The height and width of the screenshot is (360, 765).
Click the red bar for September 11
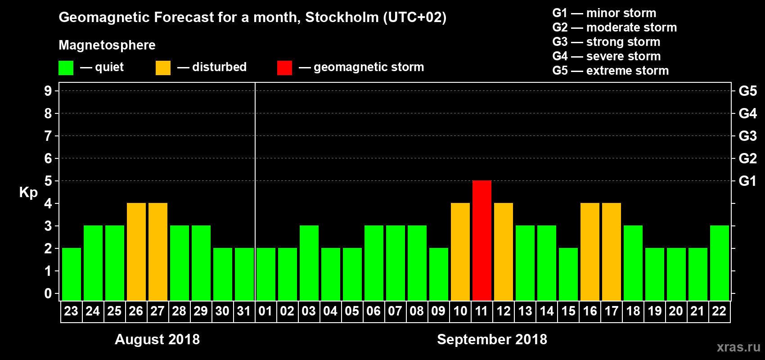pyautogui.click(x=481, y=240)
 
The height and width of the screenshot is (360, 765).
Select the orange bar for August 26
pyautogui.click(x=136, y=252)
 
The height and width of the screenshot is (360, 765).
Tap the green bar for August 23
pyautogui.click(x=71, y=274)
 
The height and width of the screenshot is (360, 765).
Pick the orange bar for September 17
pyautogui.click(x=611, y=252)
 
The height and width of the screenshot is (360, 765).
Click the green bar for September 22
pyautogui.click(x=719, y=263)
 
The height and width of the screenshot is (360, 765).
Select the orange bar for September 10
pyautogui.click(x=460, y=252)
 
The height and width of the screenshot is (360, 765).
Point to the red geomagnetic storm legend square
pyautogui.click(x=284, y=68)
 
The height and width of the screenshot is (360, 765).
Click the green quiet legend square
pyautogui.click(x=66, y=68)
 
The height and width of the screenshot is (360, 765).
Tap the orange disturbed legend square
pyautogui.click(x=163, y=68)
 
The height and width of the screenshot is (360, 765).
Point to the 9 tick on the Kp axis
pyautogui.click(x=48, y=91)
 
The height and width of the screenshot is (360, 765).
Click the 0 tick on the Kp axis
pyautogui.click(x=48, y=293)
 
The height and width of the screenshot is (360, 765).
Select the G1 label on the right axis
pyautogui.click(x=747, y=181)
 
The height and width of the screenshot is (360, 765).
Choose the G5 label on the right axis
pyautogui.click(x=747, y=91)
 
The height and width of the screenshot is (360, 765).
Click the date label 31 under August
pyautogui.click(x=243, y=311)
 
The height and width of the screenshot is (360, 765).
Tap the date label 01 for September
pyautogui.click(x=265, y=311)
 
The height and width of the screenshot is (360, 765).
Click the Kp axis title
pyautogui.click(x=28, y=192)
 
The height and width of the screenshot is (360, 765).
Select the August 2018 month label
pyautogui.click(x=157, y=339)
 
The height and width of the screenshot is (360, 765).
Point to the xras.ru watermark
pyautogui.click(x=738, y=347)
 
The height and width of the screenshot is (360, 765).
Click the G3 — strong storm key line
pyautogui.click(x=606, y=42)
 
